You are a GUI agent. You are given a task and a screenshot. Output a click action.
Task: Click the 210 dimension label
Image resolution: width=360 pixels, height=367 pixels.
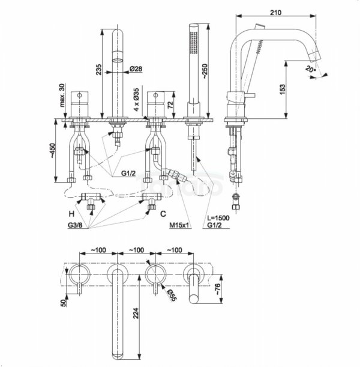coord(275,13)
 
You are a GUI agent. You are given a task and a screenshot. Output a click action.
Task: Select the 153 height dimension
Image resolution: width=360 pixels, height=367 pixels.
coord(283,89)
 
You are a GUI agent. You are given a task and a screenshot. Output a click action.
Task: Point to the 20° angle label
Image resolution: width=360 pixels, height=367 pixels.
coord(311,69)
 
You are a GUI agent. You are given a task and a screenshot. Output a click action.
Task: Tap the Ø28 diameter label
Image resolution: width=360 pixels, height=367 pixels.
coord(136,69)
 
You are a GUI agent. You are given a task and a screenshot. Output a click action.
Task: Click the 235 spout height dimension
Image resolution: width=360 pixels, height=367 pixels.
coord(99,70)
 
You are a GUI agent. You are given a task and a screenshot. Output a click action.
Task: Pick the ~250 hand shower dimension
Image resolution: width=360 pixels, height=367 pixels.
coord(205,71)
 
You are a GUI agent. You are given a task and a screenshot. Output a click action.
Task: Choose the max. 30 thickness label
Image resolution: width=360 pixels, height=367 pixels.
coord(62,96)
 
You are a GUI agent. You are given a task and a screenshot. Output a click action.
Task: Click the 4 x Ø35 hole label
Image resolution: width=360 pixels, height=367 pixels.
coord(136,100)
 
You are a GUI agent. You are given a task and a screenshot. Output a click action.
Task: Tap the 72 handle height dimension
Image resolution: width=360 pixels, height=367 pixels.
coord(170,105)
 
